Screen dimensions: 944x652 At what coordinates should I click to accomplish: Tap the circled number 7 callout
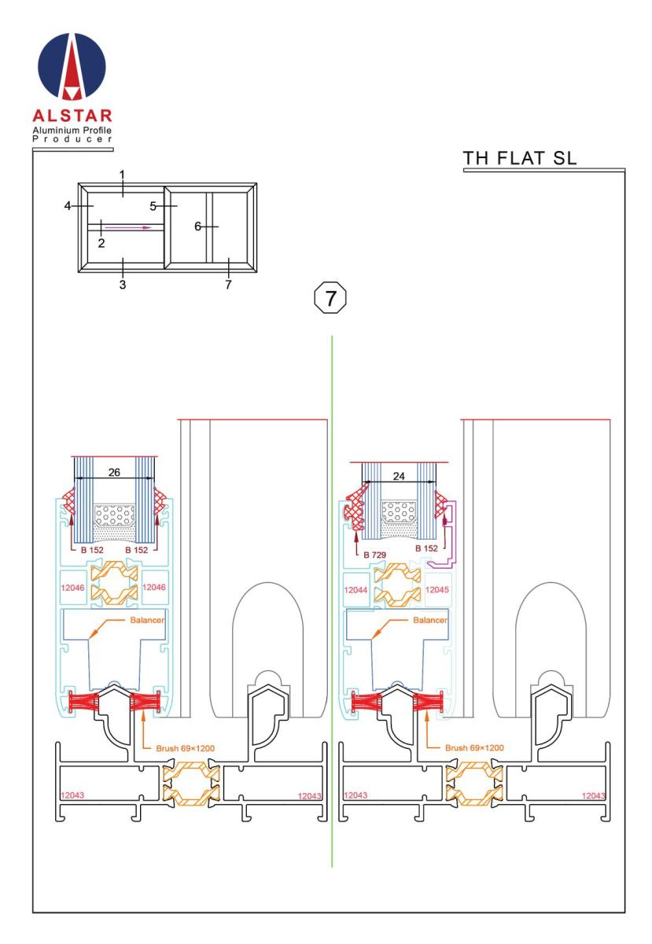click(x=331, y=298)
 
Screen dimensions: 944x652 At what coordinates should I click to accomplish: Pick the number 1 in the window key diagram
click(x=123, y=173)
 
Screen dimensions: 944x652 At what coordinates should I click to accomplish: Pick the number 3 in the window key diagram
click(x=123, y=284)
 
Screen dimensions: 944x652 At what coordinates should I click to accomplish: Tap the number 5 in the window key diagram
click(x=154, y=206)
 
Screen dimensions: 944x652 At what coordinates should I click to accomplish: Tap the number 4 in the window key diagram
click(x=68, y=206)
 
